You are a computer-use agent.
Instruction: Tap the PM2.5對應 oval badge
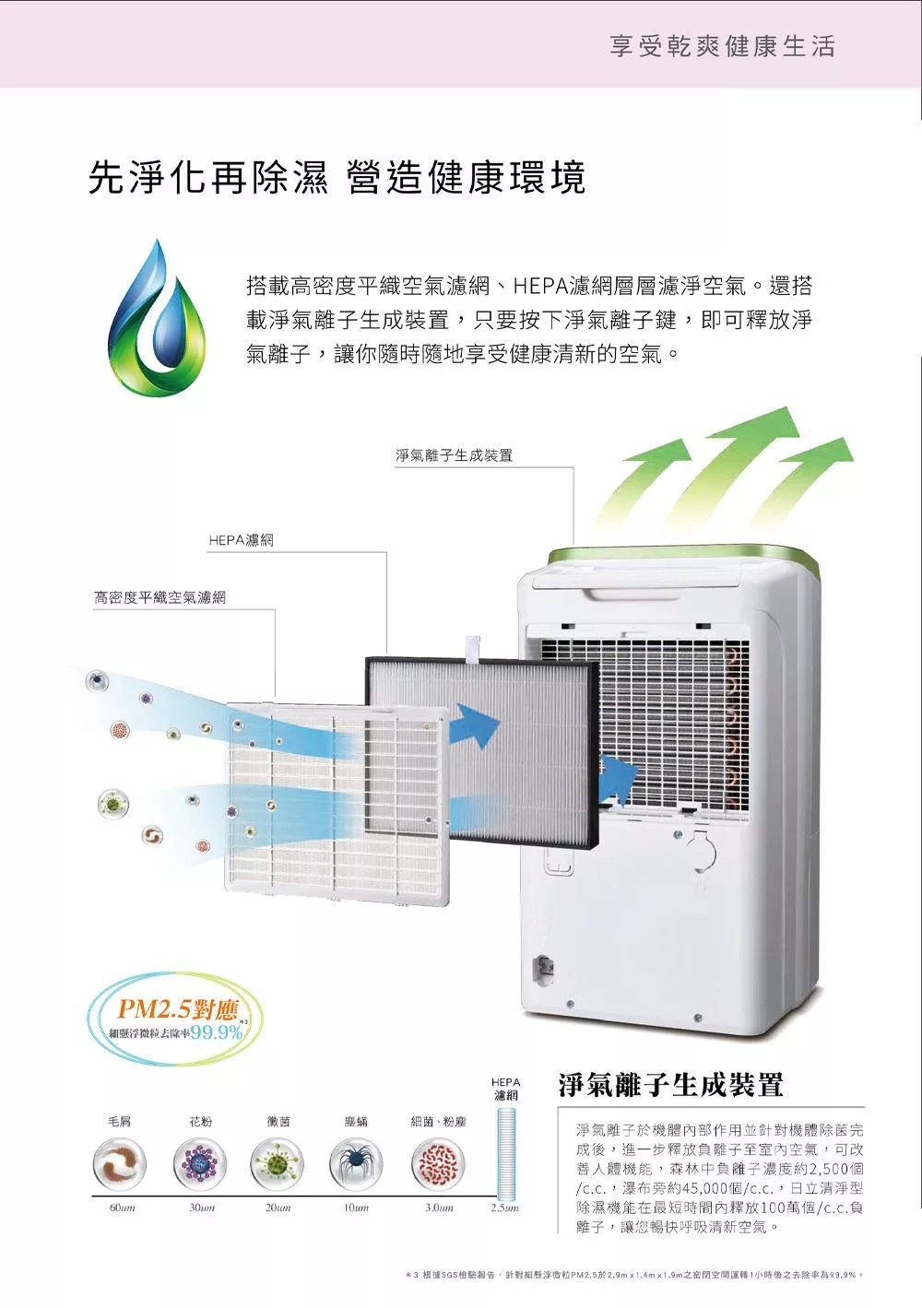pyautogui.click(x=175, y=1019)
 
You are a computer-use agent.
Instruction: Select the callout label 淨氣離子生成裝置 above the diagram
pyautogui.click(x=454, y=455)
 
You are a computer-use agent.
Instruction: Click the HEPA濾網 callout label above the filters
pyautogui.click(x=241, y=540)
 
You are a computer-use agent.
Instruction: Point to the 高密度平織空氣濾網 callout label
pyautogui.click(x=160, y=597)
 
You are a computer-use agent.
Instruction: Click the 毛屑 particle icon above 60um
pyautogui.click(x=120, y=1163)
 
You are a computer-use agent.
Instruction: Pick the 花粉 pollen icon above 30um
pyautogui.click(x=199, y=1163)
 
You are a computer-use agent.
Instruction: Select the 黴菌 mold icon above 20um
pyautogui.click(x=278, y=1163)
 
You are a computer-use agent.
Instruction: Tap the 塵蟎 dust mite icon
pyautogui.click(x=356, y=1163)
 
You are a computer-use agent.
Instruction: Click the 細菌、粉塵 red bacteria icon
pyautogui.click(x=438, y=1163)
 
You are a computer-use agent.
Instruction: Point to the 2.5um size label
pyautogui.click(x=504, y=1208)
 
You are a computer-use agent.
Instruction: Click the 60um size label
pyautogui.click(x=122, y=1208)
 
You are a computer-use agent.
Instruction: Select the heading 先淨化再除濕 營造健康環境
pyautogui.click(x=337, y=177)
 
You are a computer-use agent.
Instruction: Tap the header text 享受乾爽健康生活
pyautogui.click(x=722, y=46)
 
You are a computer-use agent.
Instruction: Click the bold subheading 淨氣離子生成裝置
pyautogui.click(x=670, y=1085)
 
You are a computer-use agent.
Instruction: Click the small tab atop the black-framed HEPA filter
pyautogui.click(x=473, y=649)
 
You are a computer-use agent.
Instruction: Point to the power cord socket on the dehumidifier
pyautogui.click(x=545, y=967)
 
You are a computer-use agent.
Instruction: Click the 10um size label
pyautogui.click(x=356, y=1208)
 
